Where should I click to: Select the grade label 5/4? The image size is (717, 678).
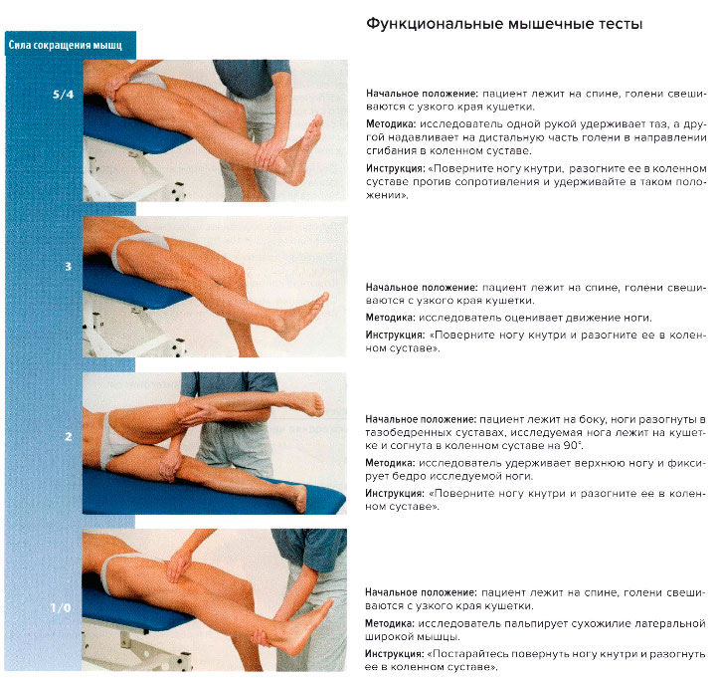tap(63, 95)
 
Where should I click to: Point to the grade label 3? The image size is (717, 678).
tap(67, 267)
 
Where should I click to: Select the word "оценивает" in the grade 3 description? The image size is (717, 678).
tap(517, 318)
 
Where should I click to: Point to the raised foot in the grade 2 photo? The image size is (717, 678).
tap(304, 402)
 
